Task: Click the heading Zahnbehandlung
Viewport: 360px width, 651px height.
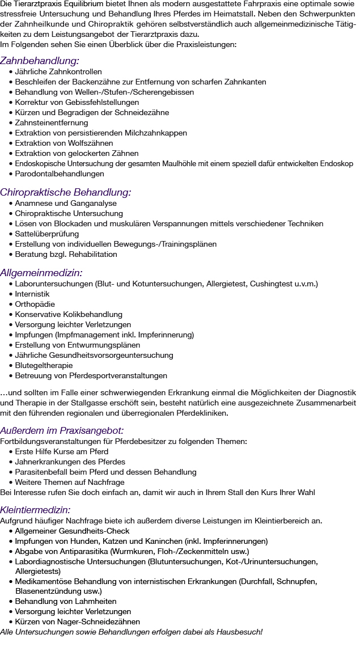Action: point(40,61)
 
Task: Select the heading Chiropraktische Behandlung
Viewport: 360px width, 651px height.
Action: point(66,192)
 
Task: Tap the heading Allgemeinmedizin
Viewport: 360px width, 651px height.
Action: point(41,273)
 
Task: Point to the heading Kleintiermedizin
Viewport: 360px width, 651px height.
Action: point(36,509)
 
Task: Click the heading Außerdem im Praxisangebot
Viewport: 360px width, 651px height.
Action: point(62,430)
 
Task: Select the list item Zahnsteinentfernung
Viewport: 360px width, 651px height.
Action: point(52,123)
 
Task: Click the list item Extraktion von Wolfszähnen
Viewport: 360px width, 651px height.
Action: point(64,143)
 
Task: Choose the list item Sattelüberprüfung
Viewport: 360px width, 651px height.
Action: point(48,234)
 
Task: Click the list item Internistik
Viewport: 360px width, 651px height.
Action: point(32,294)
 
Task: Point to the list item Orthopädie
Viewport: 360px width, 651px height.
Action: point(35,305)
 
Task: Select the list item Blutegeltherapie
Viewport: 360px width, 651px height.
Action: point(44,366)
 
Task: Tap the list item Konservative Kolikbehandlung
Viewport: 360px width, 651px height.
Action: point(69,315)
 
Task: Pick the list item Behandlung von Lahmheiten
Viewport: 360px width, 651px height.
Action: point(66,602)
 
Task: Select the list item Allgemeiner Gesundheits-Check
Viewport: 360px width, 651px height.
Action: point(73,531)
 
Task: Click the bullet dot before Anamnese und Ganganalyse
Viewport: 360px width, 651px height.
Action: point(11,204)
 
